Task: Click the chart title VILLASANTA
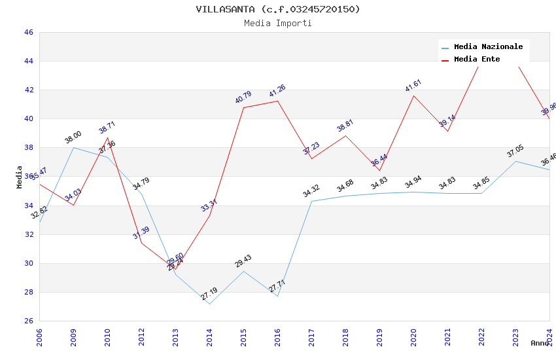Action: [277, 9]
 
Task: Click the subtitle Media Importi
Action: [277, 23]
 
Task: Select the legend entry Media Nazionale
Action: [488, 47]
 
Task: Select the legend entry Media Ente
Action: [477, 60]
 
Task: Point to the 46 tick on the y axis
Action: [28, 32]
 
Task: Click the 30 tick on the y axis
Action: [28, 263]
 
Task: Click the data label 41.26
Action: [277, 91]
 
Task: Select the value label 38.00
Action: [73, 137]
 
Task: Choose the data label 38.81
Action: [345, 126]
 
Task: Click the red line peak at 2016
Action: [277, 101]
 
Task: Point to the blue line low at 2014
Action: [209, 304]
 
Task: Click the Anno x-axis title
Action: [540, 343]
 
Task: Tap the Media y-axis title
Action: [20, 177]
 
